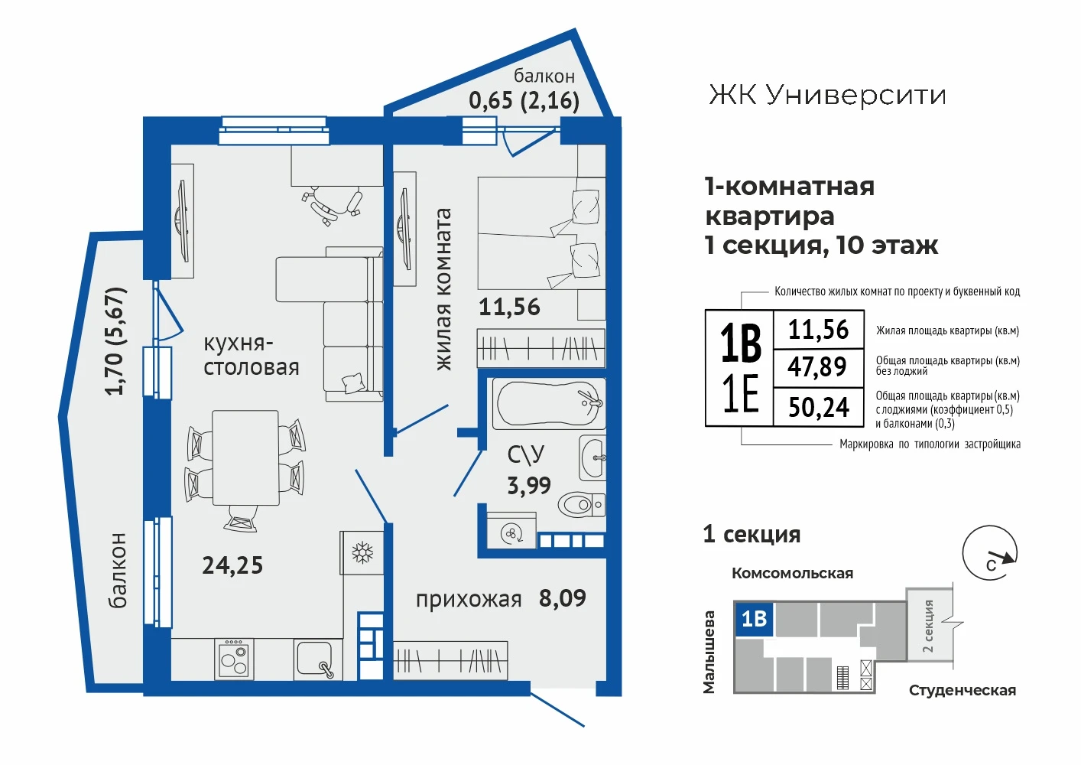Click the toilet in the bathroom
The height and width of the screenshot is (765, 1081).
pyautogui.click(x=582, y=505)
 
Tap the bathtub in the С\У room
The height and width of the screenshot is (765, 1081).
pyautogui.click(x=549, y=404)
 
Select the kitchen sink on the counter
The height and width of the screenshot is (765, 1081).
pyautogui.click(x=315, y=659)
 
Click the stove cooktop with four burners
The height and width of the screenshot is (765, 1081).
pyautogui.click(x=234, y=659)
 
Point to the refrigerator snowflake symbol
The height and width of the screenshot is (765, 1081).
pyautogui.click(x=362, y=553)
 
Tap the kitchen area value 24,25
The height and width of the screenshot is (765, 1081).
pyautogui.click(x=232, y=565)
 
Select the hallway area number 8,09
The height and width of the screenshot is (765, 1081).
pyautogui.click(x=563, y=598)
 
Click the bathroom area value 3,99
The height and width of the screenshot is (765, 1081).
pyautogui.click(x=529, y=485)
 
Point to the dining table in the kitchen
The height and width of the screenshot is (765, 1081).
pyautogui.click(x=245, y=457)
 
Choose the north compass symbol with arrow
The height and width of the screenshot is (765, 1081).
pyautogui.click(x=990, y=553)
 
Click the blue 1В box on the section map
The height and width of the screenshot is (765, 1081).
pyautogui.click(x=753, y=619)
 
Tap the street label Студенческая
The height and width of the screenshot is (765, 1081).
pyautogui.click(x=963, y=691)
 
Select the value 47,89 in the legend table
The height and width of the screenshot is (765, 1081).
pyautogui.click(x=817, y=366)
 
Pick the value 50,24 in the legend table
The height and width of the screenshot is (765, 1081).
pyautogui.click(x=819, y=407)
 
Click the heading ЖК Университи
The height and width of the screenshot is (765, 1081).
pyautogui.click(x=827, y=95)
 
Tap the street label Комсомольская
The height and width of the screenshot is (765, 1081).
pyautogui.click(x=793, y=573)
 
